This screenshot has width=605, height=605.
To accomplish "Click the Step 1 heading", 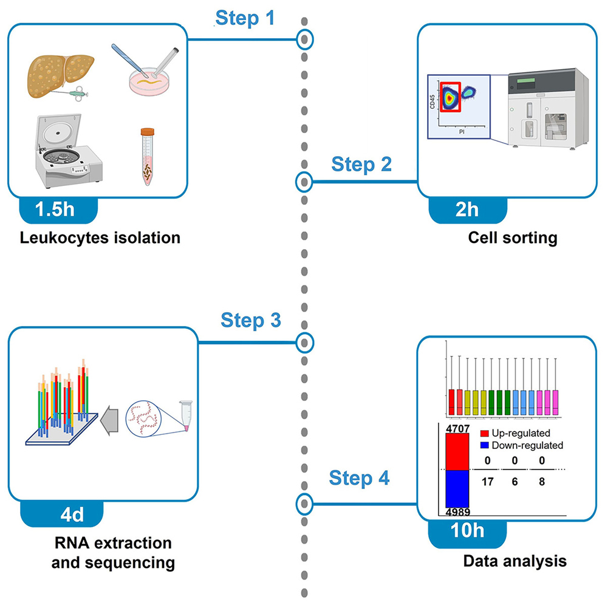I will (245, 18).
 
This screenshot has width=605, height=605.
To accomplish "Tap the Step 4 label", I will (359, 478).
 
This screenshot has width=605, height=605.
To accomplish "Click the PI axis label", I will (461, 129).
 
